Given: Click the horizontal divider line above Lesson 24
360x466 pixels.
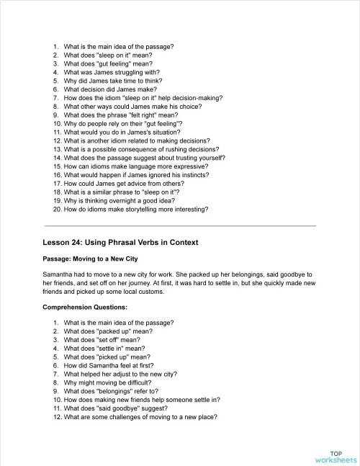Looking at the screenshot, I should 180,226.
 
